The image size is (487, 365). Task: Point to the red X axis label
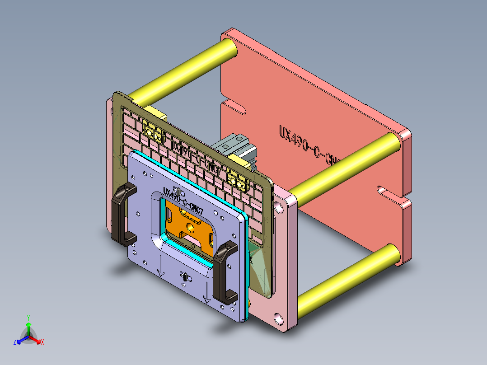pyautogui.click(x=42, y=342)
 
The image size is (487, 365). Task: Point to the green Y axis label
pyautogui.click(x=28, y=318)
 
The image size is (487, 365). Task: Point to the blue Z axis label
pyautogui.click(x=15, y=342)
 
